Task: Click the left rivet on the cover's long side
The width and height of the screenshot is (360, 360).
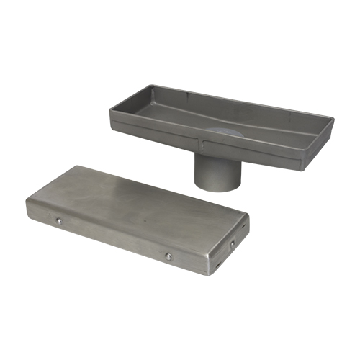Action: tap(60, 221)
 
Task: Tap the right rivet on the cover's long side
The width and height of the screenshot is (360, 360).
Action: tap(168, 256)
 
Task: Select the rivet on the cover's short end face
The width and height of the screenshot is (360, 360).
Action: tap(232, 244)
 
